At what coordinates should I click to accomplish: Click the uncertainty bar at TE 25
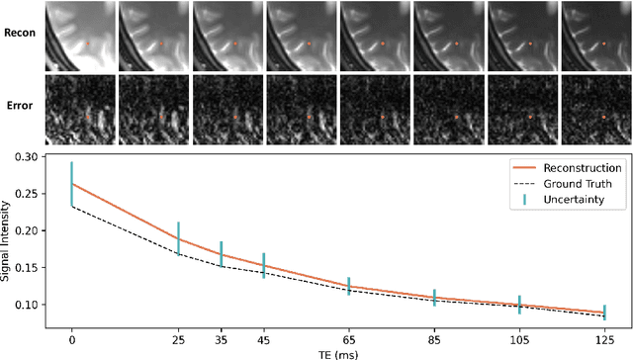[x=179, y=237]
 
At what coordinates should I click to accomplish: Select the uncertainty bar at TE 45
[x=264, y=265]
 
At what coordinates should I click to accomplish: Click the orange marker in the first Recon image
[x=87, y=44]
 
